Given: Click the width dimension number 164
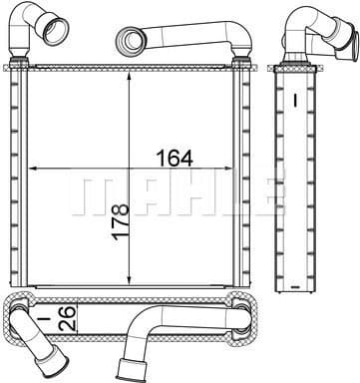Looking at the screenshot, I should tap(174, 158).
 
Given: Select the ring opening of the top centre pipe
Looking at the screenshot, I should tap(131, 41).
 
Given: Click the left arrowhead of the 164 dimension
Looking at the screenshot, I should tap(30, 169).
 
